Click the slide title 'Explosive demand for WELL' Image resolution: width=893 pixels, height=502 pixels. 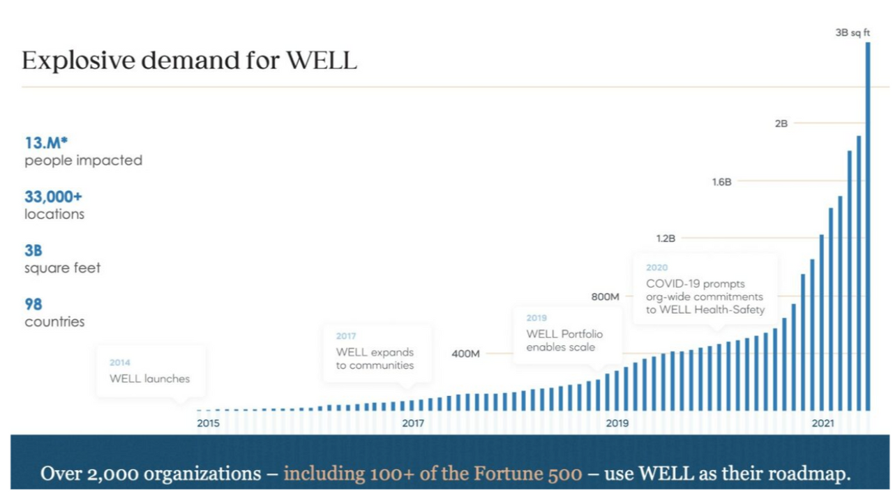click(x=189, y=61)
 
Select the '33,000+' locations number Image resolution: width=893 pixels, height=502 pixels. click(x=53, y=197)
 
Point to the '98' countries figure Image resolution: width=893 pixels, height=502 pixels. click(x=33, y=304)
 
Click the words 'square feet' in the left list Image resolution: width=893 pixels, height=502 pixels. click(x=63, y=268)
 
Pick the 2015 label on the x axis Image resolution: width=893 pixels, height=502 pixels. click(x=208, y=423)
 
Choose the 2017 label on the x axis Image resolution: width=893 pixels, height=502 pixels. click(x=413, y=423)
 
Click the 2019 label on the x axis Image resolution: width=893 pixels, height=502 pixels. click(x=617, y=423)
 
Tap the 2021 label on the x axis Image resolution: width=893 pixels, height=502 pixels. click(x=823, y=423)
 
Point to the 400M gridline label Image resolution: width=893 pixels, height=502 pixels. click(x=465, y=353)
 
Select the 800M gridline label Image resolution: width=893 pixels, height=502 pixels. click(x=606, y=297)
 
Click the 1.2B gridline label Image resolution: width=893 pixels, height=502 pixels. click(x=666, y=238)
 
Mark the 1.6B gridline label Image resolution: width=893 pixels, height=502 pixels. click(x=722, y=181)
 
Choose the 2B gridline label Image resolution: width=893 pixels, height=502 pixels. click(x=781, y=123)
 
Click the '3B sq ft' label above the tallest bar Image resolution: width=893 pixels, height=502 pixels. click(x=853, y=33)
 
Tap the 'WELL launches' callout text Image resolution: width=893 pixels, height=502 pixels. click(x=149, y=379)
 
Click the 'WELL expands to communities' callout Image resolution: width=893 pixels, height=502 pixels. click(x=375, y=358)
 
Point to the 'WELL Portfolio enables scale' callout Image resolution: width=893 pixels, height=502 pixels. click(x=564, y=340)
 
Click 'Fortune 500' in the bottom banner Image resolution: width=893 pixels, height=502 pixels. click(x=528, y=474)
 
